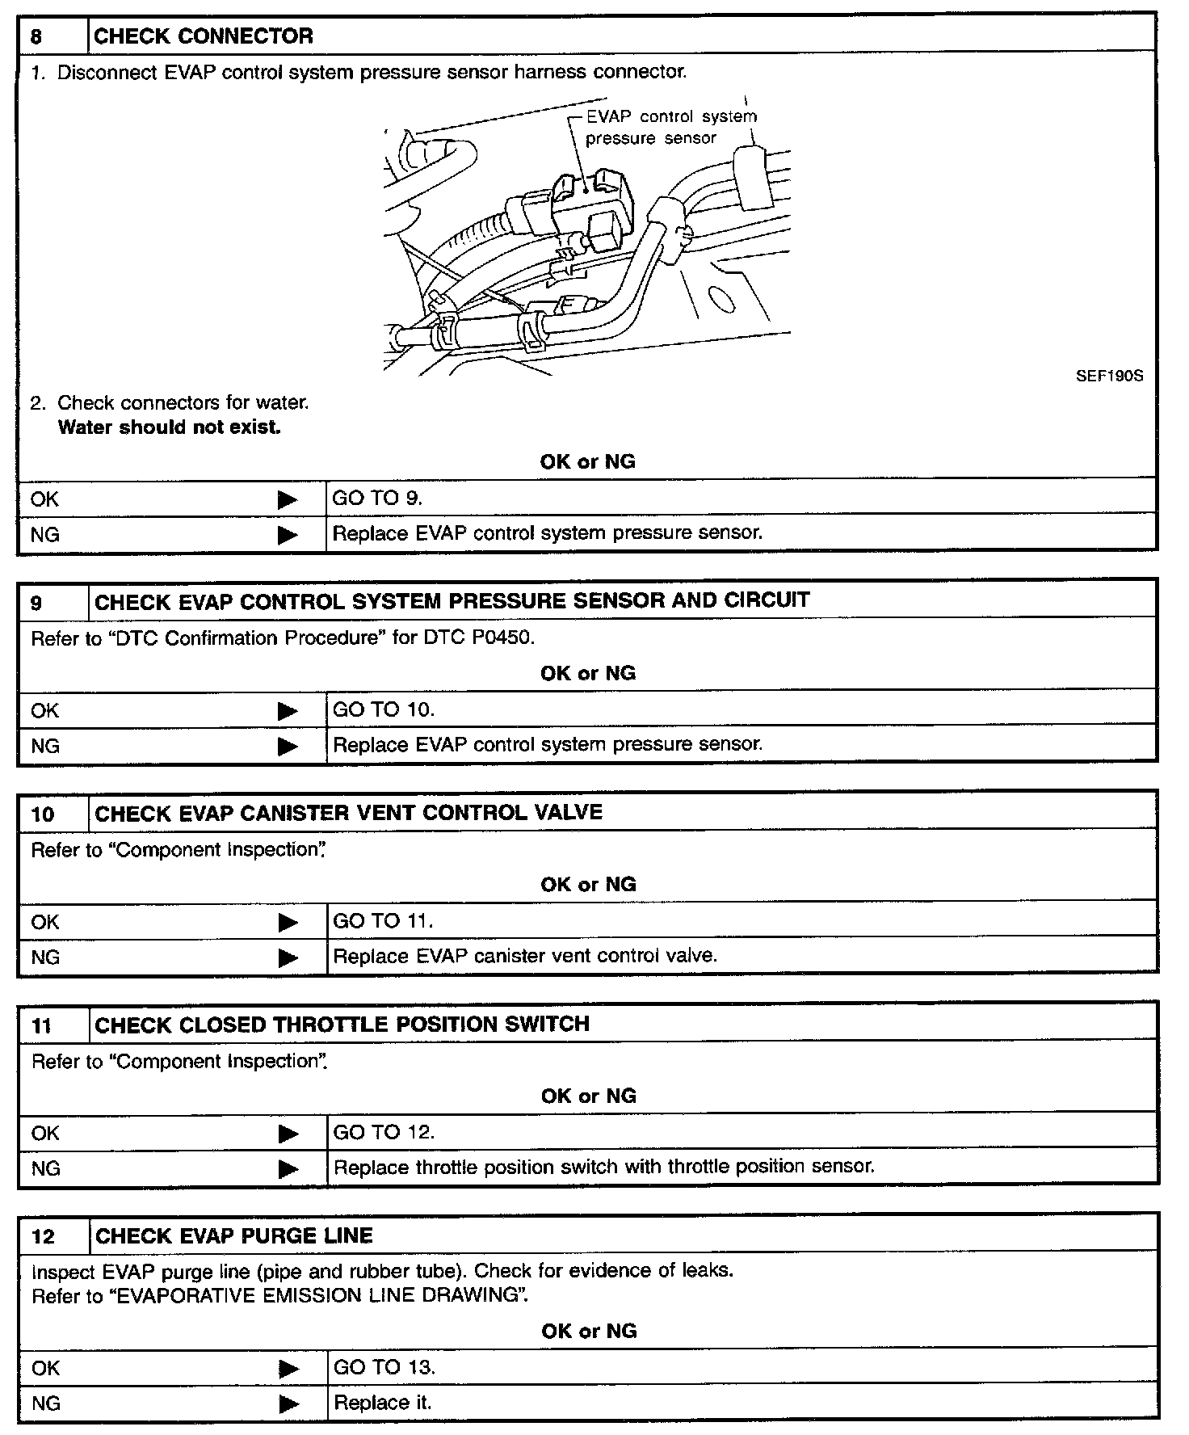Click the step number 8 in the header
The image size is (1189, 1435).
click(36, 36)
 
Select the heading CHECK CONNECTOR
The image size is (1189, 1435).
click(204, 36)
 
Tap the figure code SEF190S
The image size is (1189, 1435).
click(1109, 377)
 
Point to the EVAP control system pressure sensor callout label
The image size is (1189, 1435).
click(670, 128)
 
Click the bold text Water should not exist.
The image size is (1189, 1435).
click(170, 427)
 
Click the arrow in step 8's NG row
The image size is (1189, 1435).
click(287, 535)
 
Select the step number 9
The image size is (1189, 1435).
click(36, 603)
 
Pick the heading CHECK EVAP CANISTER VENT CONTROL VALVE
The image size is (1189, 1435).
click(349, 813)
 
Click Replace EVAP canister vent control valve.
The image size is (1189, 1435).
click(525, 957)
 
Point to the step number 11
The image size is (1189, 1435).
click(41, 1026)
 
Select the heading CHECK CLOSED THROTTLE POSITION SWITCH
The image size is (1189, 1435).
click(342, 1025)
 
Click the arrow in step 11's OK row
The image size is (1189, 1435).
click(288, 1134)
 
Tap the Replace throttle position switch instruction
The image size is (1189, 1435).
click(603, 1168)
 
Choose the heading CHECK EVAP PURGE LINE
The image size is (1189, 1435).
click(234, 1236)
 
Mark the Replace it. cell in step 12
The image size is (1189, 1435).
click(382, 1403)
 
